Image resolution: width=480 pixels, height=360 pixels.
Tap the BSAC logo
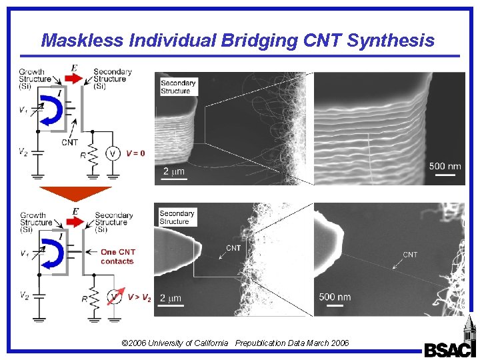tap(451, 349)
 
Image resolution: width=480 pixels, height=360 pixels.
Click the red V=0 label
tap(135, 153)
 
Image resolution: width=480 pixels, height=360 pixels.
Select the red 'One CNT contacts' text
tap(117, 257)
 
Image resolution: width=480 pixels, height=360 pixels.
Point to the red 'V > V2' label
tap(139, 297)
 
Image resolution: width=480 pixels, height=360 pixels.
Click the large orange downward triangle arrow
tap(75, 193)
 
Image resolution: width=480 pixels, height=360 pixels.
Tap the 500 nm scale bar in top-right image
tap(446, 175)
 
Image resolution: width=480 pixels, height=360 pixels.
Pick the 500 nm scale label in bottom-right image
tap(335, 297)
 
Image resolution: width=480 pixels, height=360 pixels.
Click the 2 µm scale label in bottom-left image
tap(171, 297)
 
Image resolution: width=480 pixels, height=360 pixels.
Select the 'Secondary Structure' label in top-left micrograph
tap(176, 87)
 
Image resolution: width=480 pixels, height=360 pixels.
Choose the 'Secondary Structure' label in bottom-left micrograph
tap(177, 217)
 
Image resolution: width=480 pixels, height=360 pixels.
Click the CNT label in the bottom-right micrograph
tap(410, 255)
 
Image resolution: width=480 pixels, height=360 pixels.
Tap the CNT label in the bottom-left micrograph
tap(233, 248)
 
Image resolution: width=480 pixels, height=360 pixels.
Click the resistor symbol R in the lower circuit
tap(93, 299)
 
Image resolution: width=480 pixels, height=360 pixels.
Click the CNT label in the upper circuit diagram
tap(69, 142)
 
